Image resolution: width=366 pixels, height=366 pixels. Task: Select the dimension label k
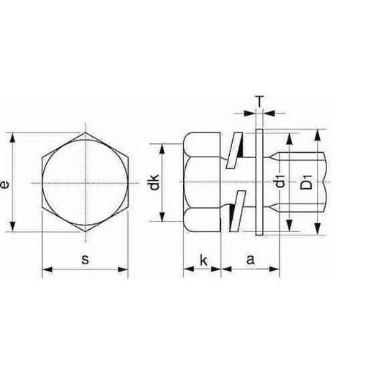(x=201, y=259)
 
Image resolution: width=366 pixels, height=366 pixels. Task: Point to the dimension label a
(x=250, y=259)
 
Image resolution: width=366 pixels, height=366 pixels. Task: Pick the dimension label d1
(x=280, y=182)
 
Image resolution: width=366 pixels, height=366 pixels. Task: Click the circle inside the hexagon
(x=85, y=182)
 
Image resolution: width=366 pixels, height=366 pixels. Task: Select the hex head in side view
(x=202, y=182)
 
